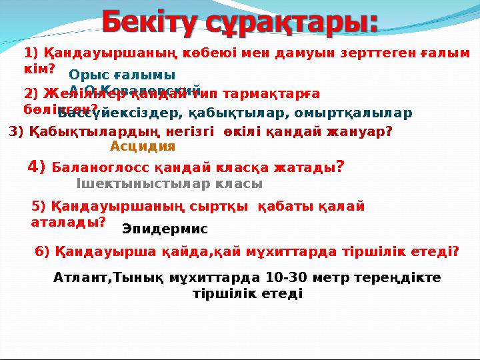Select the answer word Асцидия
tap(143, 147)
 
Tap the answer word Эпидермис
tap(165, 229)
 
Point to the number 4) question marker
tap(37, 166)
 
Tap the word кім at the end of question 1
tap(36, 68)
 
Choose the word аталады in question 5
tap(66, 222)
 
